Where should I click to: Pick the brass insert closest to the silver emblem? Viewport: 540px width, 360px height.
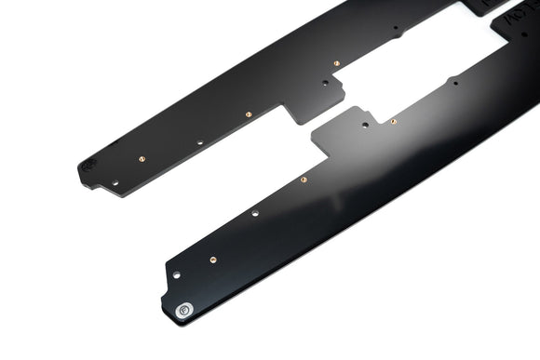tap(213, 260)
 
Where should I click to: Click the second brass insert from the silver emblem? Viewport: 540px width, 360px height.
tap(304, 180)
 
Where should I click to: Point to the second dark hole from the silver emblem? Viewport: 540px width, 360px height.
tap(255, 213)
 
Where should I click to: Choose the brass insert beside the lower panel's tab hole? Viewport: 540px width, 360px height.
tap(393, 121)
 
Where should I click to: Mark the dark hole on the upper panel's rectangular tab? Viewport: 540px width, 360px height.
tap(325, 83)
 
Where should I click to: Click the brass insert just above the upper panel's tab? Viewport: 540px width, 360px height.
tap(336, 63)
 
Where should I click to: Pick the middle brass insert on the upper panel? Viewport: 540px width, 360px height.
tap(249, 114)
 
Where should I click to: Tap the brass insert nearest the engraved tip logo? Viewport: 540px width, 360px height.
tap(141, 159)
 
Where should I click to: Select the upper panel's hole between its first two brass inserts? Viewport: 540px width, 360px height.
tap(200, 143)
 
